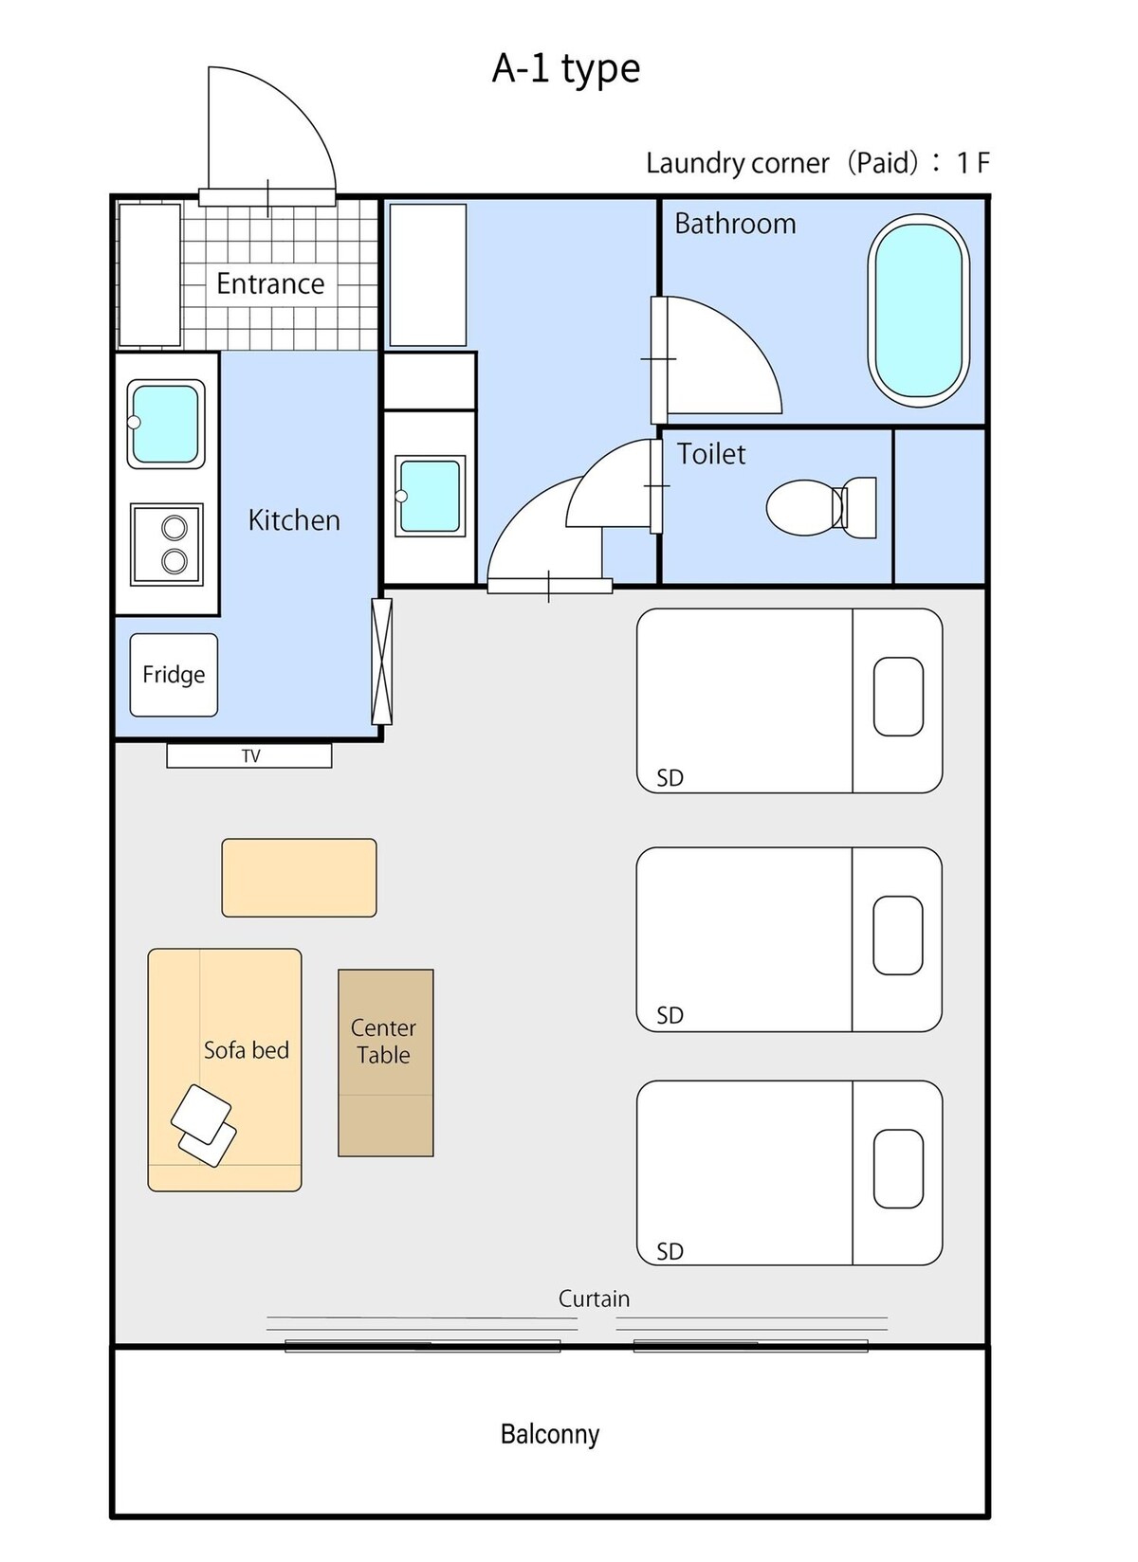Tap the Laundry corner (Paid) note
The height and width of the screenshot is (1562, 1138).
817,163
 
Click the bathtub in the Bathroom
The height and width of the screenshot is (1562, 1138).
918,310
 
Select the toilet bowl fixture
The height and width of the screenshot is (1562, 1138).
821,508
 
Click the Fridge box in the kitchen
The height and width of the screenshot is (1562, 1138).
174,675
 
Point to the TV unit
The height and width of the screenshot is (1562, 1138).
249,756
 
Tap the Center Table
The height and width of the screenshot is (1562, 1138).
386,1063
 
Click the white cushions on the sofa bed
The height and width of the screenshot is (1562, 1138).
204,1125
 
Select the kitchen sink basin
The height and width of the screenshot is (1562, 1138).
166,424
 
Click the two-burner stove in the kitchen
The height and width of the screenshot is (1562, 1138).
167,545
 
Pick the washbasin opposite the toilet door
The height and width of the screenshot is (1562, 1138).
430,496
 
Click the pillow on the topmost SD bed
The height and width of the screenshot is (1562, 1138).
899,697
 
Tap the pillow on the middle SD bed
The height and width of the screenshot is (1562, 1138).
898,935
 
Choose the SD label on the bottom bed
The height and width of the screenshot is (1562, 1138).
670,1252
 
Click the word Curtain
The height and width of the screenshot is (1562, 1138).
594,1299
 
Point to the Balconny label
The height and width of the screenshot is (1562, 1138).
550,1434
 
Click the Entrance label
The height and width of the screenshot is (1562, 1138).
270,283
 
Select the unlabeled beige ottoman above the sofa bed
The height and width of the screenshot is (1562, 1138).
300,878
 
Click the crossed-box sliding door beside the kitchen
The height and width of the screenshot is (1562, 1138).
381,662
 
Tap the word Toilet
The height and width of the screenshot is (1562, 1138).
711,454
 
